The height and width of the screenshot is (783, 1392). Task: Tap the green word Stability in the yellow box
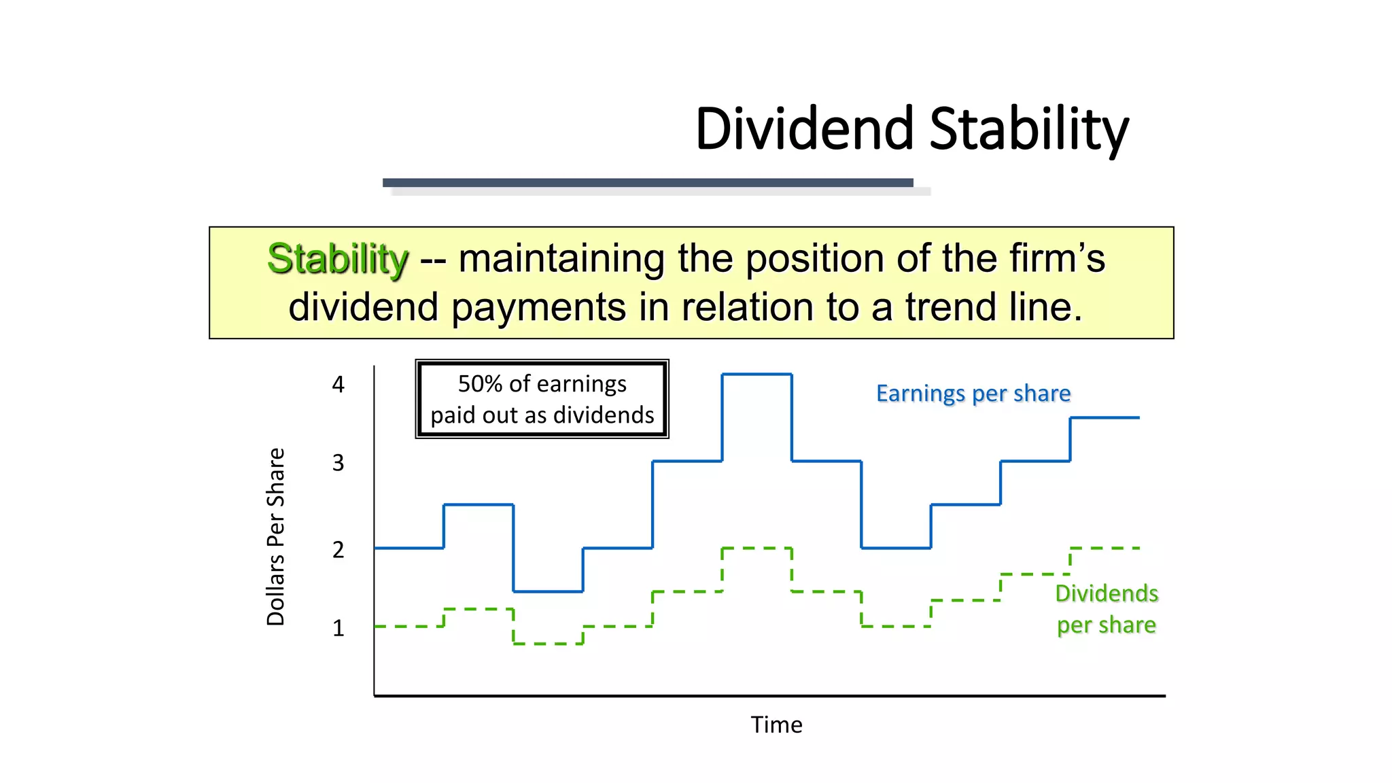[x=338, y=259]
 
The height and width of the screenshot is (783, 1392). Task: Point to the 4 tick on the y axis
[x=338, y=385]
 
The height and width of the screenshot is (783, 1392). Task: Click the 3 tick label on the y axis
[x=338, y=463]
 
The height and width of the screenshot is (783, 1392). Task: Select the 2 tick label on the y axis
[x=338, y=549]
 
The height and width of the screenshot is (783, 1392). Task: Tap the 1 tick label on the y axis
[x=338, y=628]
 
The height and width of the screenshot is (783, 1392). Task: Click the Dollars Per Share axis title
[x=275, y=536]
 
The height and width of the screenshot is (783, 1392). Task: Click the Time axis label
[x=776, y=725]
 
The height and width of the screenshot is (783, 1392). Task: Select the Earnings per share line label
[x=973, y=394]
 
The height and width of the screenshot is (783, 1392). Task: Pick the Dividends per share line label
[x=1106, y=609]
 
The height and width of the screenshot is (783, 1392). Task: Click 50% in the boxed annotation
[x=480, y=384]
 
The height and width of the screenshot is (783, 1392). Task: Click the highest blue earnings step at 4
[x=756, y=374]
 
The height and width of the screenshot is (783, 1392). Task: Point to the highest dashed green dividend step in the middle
[x=756, y=548]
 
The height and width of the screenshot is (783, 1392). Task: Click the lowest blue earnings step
[x=548, y=591]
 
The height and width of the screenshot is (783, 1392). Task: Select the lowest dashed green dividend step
[x=548, y=643]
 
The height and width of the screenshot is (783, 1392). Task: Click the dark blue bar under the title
[x=647, y=182]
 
